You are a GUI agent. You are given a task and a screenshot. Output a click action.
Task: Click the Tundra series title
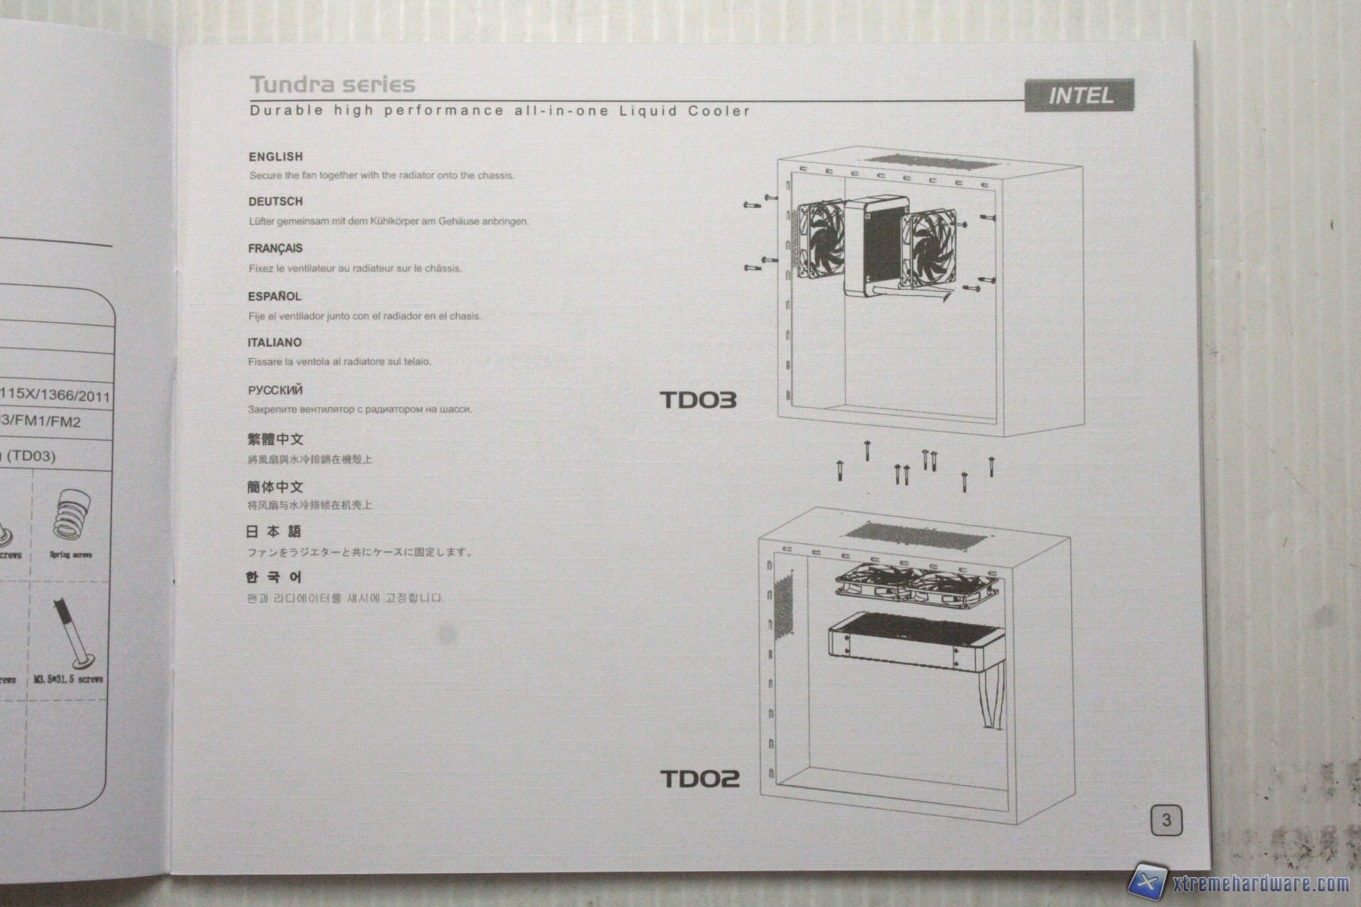(332, 84)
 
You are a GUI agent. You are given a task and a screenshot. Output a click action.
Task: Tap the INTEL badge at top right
(1080, 96)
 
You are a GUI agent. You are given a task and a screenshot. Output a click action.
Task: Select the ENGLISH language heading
(276, 157)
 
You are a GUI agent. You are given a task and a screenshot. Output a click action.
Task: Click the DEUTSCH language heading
(276, 202)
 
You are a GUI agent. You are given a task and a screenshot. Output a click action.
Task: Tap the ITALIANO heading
(275, 342)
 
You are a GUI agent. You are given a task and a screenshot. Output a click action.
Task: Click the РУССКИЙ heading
(275, 391)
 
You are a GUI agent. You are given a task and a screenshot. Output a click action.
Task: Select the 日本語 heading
(273, 532)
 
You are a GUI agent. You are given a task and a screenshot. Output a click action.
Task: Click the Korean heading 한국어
(273, 578)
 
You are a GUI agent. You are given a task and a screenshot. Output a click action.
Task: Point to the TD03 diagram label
(698, 400)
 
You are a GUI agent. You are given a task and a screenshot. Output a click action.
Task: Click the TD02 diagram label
(699, 779)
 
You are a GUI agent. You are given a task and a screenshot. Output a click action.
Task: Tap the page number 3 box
(1166, 820)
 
